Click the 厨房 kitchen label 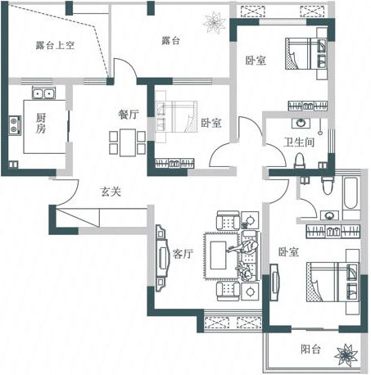click(41, 123)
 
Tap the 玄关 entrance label click(111, 192)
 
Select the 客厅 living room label click(183, 254)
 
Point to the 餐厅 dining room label click(129, 114)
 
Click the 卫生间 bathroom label click(299, 142)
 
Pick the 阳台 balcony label click(310, 349)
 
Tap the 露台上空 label click(55, 45)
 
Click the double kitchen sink click(43, 93)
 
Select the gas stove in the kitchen click(15, 125)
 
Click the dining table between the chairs click(128, 142)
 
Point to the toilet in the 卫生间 click(300, 160)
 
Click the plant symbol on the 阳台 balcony click(346, 355)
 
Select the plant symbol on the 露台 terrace click(215, 23)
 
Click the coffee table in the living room click(218, 255)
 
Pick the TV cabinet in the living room click(161, 258)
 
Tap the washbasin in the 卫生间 click(301, 123)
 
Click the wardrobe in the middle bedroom click(174, 163)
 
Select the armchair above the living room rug click(228, 220)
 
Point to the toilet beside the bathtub click(327, 185)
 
